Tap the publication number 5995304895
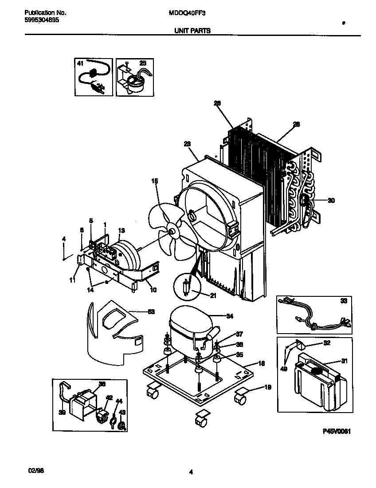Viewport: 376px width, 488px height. [40, 20]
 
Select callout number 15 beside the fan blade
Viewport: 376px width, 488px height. [154, 181]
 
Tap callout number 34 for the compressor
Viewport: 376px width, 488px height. [229, 316]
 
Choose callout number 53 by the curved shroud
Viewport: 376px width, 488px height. [151, 312]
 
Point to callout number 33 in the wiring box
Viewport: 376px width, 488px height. [344, 301]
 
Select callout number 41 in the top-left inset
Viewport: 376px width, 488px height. [80, 63]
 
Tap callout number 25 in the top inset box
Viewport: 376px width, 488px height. [142, 63]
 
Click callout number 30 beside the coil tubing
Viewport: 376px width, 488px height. [331, 200]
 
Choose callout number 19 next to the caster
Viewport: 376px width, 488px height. [267, 387]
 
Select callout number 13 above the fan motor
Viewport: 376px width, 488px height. [121, 230]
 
